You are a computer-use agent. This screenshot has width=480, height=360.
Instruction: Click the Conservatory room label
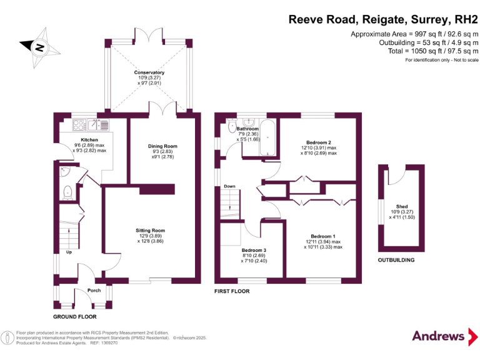[x=149, y=72]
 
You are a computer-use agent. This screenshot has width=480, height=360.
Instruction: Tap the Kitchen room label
[x=89, y=140]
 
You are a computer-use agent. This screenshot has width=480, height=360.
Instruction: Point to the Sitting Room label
[x=150, y=230]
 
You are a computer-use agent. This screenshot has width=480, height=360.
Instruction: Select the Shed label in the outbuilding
[x=402, y=206]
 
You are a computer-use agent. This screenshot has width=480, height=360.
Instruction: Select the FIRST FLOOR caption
[x=231, y=291]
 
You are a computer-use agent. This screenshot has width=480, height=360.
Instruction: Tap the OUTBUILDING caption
[x=396, y=260]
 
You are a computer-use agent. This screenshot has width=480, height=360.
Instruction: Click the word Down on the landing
[x=230, y=186]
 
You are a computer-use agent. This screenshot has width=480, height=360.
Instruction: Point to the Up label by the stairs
[x=69, y=252]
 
